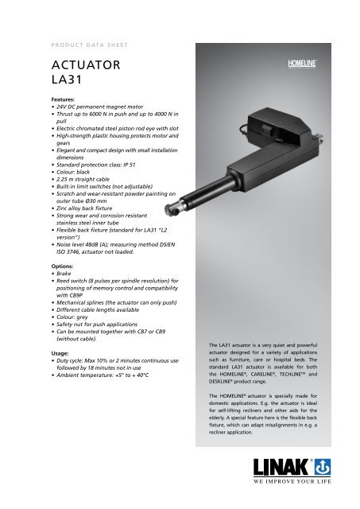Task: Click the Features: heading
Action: [x=64, y=101]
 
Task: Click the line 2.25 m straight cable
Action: [x=91, y=177]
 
